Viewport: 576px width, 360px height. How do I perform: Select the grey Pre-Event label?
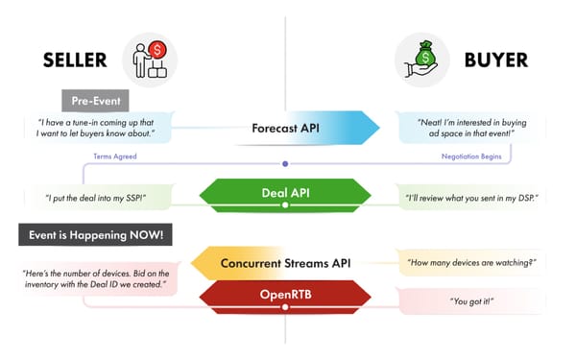pyautogui.click(x=95, y=100)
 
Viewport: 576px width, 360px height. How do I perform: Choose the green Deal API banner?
pyautogui.click(x=284, y=193)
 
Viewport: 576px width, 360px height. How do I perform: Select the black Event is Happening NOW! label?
pyautogui.click(x=95, y=232)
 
